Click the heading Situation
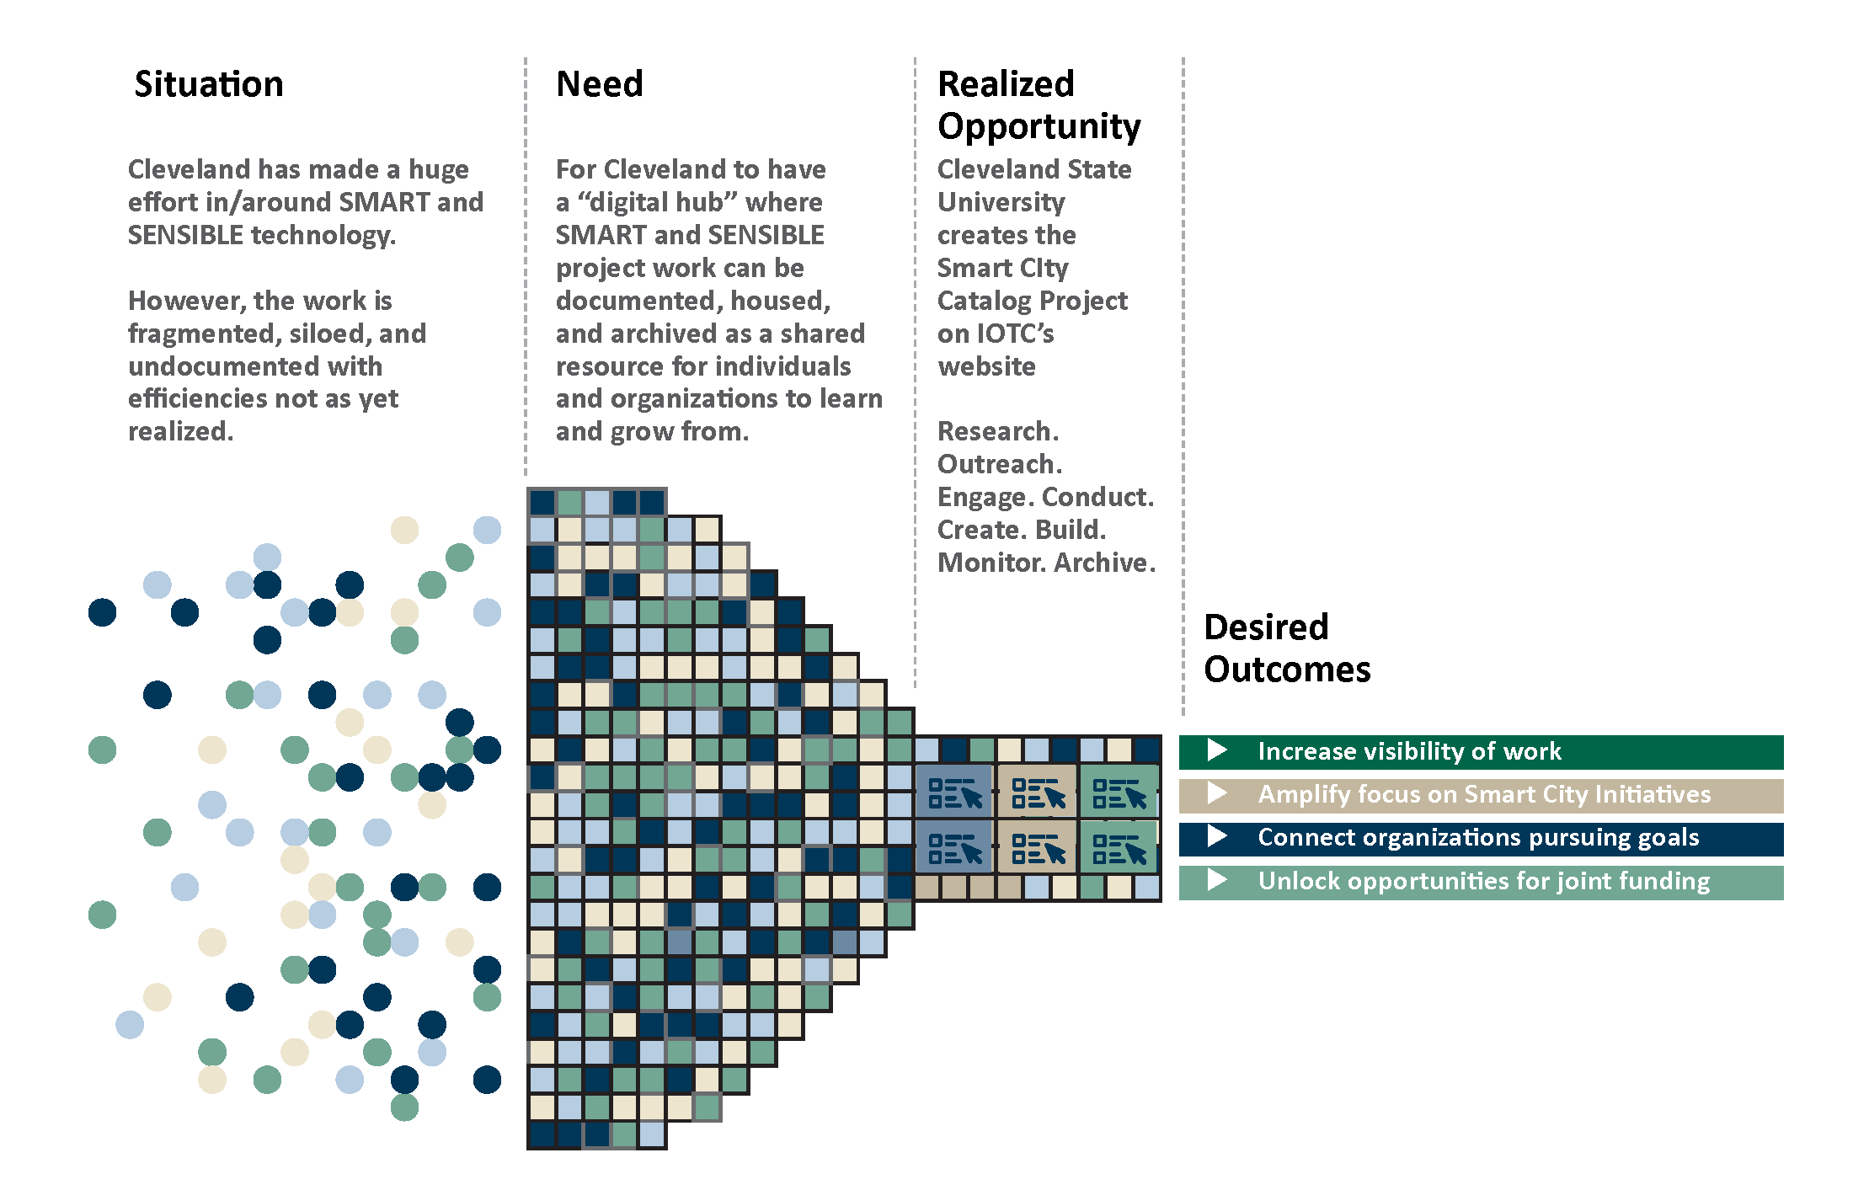click(x=208, y=84)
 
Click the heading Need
click(x=599, y=84)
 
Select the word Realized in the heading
click(x=1006, y=84)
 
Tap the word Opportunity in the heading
click(x=1039, y=126)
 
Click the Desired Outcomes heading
click(x=1286, y=648)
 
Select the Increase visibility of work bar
click(x=1481, y=751)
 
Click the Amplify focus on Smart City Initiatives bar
click(x=1481, y=795)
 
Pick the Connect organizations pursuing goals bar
click(x=1481, y=838)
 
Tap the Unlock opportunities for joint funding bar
click(x=1481, y=882)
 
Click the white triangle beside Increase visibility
click(x=1216, y=750)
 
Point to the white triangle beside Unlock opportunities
click(x=1216, y=880)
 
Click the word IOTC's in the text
click(x=1014, y=334)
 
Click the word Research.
click(x=997, y=431)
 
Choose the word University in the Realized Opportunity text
click(x=1001, y=202)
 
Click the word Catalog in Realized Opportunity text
click(x=984, y=301)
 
